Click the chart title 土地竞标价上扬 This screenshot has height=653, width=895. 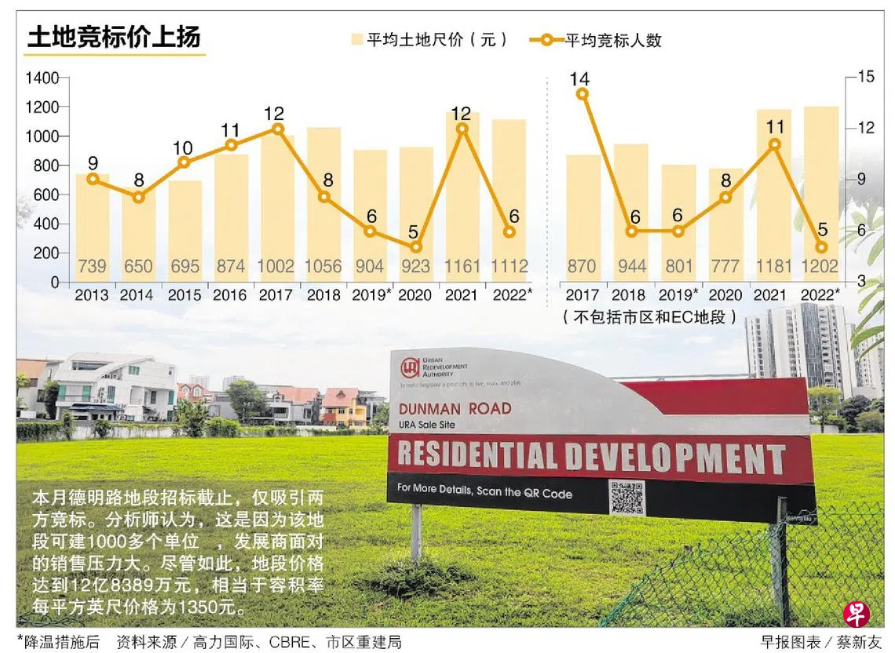[114, 37]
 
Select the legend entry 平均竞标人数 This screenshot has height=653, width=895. [597, 40]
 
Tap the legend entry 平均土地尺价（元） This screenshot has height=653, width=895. [430, 40]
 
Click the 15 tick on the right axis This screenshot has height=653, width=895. [866, 76]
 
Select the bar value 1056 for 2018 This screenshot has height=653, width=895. [323, 266]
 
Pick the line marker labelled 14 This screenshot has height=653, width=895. [582, 94]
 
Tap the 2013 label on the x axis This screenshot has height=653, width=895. [92, 296]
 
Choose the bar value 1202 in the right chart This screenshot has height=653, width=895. [820, 266]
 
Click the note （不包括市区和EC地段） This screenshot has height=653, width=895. [650, 317]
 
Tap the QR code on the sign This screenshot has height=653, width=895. [626, 497]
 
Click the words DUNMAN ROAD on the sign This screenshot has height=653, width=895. [455, 408]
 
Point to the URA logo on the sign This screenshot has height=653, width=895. [409, 368]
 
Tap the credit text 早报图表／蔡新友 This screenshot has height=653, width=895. [821, 642]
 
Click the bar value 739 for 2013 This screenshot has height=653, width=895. [92, 266]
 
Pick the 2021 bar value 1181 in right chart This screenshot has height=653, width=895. [773, 266]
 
